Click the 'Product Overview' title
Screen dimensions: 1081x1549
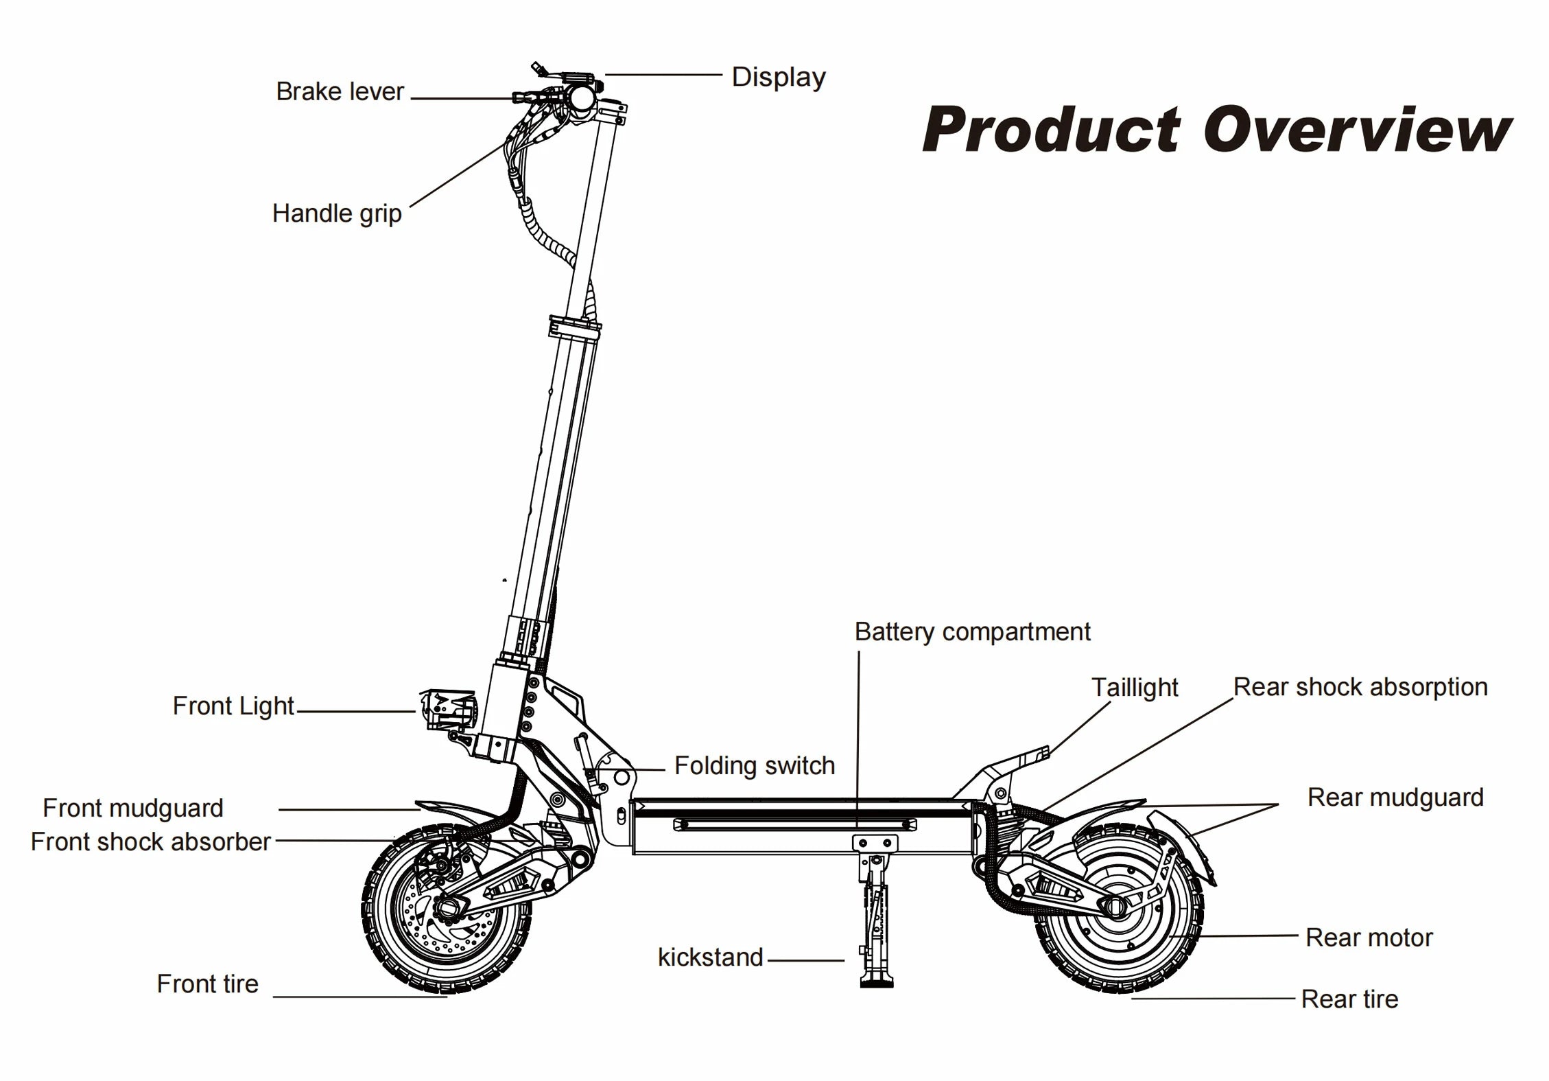[1217, 130]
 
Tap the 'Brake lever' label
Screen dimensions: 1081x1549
[340, 92]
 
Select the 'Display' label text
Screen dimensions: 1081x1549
[779, 77]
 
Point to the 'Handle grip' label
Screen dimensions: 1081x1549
[337, 213]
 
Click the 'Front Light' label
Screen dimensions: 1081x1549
[233, 706]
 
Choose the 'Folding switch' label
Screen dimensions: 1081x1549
[755, 765]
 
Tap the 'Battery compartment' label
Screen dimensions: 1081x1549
[972, 632]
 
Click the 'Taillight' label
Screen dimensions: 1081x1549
[1135, 688]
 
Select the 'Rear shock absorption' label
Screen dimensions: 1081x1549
[1360, 687]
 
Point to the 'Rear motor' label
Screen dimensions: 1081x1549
[1369, 938]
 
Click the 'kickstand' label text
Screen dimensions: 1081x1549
[710, 957]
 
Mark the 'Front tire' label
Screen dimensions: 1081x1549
[207, 984]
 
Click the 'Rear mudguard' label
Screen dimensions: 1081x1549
[1395, 798]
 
